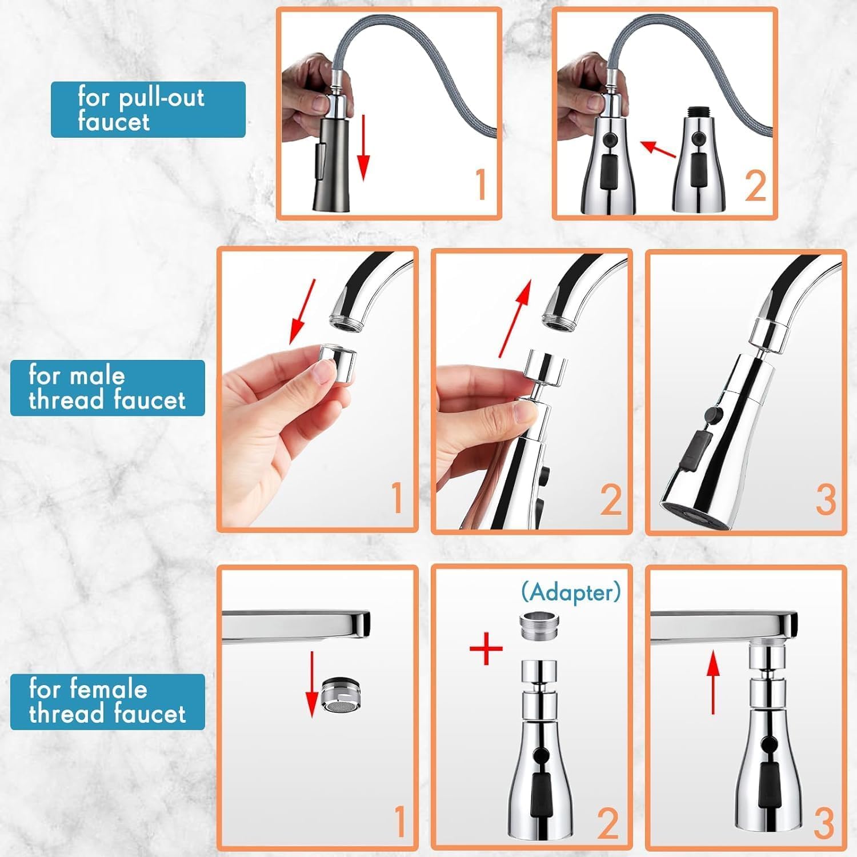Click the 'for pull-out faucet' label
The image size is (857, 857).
pyautogui.click(x=147, y=109)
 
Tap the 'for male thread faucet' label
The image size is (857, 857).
pyautogui.click(x=107, y=388)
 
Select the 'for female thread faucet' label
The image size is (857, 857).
pyautogui.click(x=107, y=702)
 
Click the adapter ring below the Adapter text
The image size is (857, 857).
pyautogui.click(x=539, y=627)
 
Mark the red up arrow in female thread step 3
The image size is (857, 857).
pyautogui.click(x=712, y=683)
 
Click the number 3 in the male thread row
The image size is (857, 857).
pyautogui.click(x=825, y=500)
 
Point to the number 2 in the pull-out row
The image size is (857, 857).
pyautogui.click(x=755, y=186)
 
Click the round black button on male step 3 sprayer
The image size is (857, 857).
pyautogui.click(x=712, y=414)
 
